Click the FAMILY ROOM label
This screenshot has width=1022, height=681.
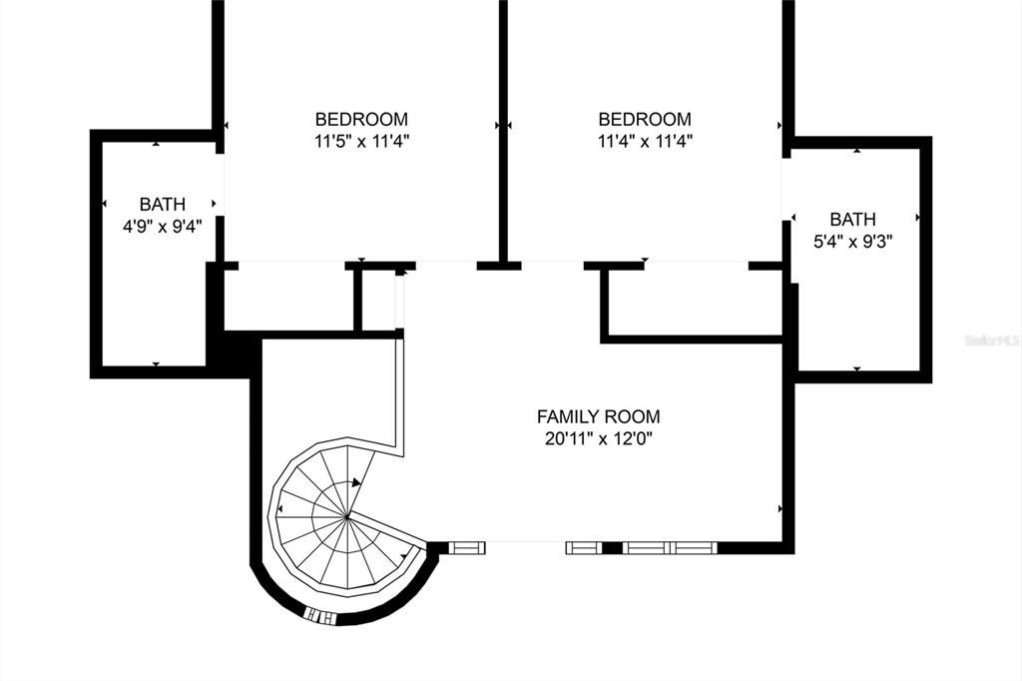(598, 416)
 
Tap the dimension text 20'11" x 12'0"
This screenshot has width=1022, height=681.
(598, 438)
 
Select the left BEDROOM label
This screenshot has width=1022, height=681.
(361, 119)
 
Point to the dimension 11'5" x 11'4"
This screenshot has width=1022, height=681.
(361, 141)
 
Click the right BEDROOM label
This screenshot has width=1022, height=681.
(644, 119)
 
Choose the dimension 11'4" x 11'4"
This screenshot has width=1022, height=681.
(644, 141)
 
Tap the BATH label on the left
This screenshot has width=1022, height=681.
(162, 204)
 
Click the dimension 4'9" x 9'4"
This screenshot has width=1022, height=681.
(162, 226)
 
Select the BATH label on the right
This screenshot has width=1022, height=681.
(852, 219)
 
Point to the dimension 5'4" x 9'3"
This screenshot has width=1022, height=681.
(852, 241)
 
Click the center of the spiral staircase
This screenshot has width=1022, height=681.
(347, 516)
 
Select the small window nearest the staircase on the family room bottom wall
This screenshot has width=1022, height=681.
(466, 547)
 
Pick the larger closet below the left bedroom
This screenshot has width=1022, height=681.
(288, 299)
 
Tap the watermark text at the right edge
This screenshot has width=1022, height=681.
(992, 340)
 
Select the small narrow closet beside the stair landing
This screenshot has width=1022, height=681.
(380, 300)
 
